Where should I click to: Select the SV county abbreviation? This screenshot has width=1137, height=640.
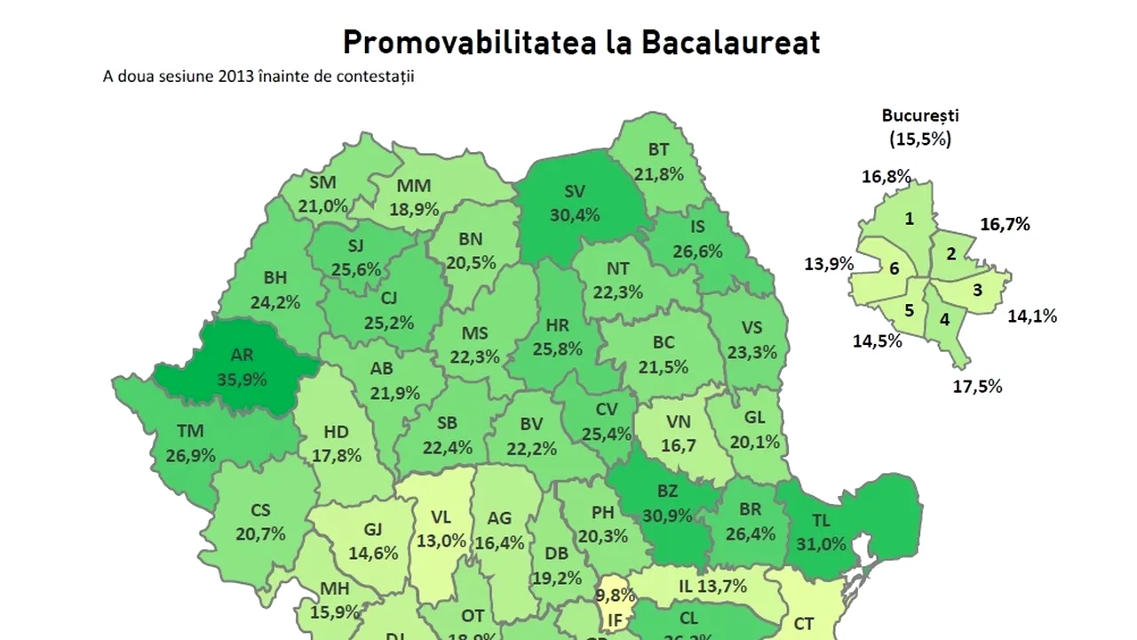click(575, 191)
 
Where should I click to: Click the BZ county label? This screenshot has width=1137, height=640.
click(667, 491)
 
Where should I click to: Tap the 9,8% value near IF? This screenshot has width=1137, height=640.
click(615, 595)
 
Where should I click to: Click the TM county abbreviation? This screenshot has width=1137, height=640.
click(190, 432)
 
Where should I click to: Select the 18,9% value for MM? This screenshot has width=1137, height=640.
click(414, 209)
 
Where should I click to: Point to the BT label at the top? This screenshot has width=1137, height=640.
click(658, 150)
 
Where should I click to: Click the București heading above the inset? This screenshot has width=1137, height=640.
click(920, 116)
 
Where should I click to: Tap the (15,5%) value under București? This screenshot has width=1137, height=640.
click(920, 139)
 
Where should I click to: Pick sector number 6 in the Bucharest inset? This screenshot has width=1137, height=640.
click(894, 268)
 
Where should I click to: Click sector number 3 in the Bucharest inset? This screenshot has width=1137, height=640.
click(977, 290)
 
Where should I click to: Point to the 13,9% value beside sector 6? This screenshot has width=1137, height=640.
click(829, 264)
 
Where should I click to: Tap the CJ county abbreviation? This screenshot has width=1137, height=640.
click(387, 298)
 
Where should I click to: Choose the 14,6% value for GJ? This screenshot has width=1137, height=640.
click(372, 552)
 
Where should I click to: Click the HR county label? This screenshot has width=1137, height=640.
click(557, 325)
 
